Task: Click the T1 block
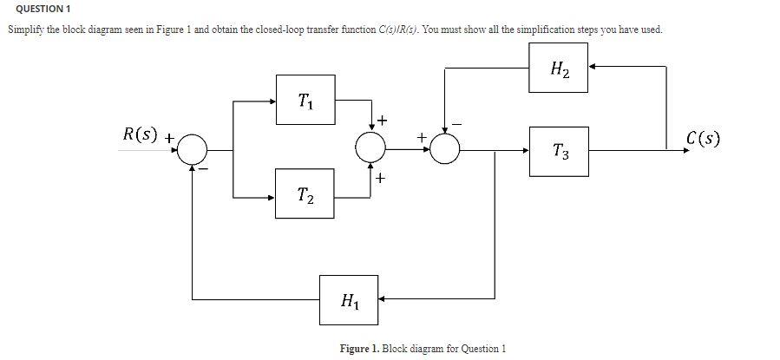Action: click(x=305, y=99)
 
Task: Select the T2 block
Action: click(x=305, y=197)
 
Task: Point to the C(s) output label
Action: click(x=703, y=139)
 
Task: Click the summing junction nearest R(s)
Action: click(x=193, y=150)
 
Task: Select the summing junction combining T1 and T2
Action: click(x=371, y=149)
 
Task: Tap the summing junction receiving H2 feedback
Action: click(x=445, y=149)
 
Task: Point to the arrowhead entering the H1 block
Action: click(x=381, y=300)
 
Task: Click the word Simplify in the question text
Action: click(x=27, y=29)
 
